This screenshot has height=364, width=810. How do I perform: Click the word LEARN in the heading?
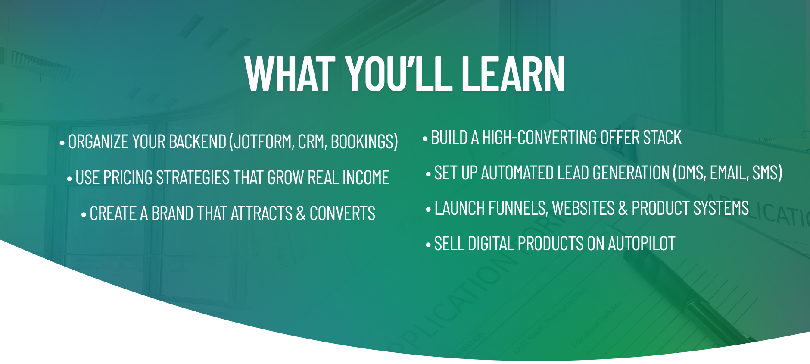[513, 74]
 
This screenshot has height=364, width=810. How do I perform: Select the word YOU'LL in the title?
[399, 74]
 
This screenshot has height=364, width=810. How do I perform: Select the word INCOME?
[366, 178]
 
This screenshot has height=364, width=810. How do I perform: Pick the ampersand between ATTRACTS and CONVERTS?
[301, 213]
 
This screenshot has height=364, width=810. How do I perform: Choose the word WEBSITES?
[583, 208]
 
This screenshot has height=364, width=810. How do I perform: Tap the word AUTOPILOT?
[641, 244]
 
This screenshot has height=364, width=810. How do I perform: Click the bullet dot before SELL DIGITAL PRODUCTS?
[428, 245]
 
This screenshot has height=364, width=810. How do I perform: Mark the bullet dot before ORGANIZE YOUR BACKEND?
[62, 143]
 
